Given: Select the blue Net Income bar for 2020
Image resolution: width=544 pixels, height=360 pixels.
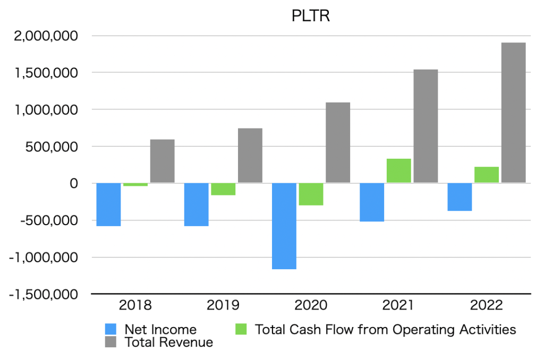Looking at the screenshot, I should coord(284,226).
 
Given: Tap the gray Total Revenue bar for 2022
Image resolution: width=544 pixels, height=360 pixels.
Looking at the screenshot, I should coord(513,113).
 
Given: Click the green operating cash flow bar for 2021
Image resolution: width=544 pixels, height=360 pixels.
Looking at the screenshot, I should coord(398,171).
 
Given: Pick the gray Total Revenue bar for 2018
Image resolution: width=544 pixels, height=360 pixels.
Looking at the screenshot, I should coord(162,161).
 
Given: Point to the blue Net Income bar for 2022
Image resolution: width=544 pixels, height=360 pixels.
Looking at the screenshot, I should coord(460,197).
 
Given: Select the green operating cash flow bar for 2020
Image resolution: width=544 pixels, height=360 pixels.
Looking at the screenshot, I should coord(311,194).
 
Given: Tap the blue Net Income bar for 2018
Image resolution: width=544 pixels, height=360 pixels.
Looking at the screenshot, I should coord(108,204).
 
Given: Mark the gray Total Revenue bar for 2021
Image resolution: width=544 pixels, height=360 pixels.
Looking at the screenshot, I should coord(426,126).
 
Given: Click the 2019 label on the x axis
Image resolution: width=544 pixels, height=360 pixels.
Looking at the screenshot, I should coord(223,305).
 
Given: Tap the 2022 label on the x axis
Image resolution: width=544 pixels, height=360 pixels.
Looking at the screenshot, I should coord(486,305).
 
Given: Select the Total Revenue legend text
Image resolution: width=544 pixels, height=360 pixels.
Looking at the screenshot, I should coord(168,342).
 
